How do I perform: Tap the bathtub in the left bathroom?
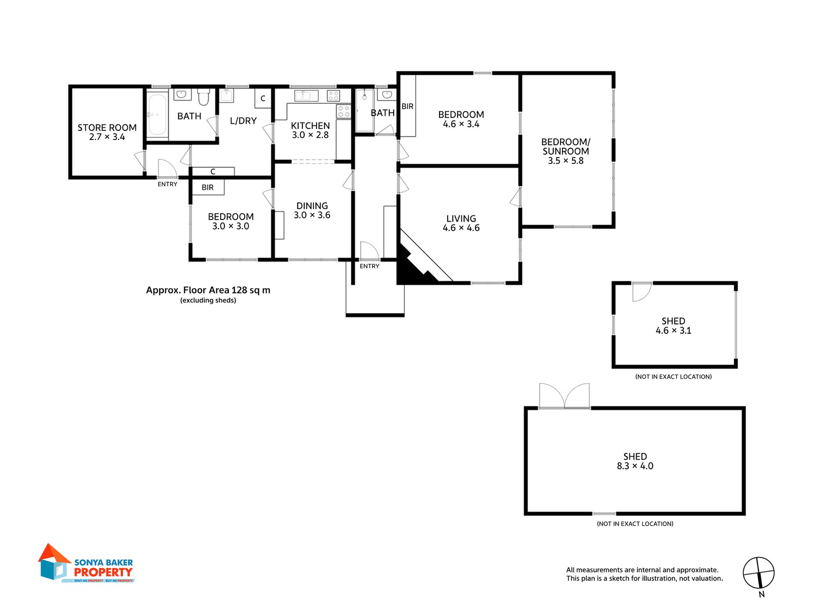[x=157, y=114]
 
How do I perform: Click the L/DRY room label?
[x=243, y=121]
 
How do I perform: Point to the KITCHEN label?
[x=310, y=126]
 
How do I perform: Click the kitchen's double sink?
[x=306, y=95]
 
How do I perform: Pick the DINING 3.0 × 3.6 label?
[x=312, y=211]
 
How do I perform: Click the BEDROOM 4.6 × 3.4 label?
[x=461, y=119]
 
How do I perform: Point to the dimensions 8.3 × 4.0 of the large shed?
[x=635, y=466]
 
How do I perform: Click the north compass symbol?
[x=759, y=573]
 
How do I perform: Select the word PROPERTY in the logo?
[x=103, y=572]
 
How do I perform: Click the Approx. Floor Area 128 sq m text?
[x=208, y=290]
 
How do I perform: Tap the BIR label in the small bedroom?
[x=207, y=187]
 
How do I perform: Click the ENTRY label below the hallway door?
[x=369, y=266]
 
